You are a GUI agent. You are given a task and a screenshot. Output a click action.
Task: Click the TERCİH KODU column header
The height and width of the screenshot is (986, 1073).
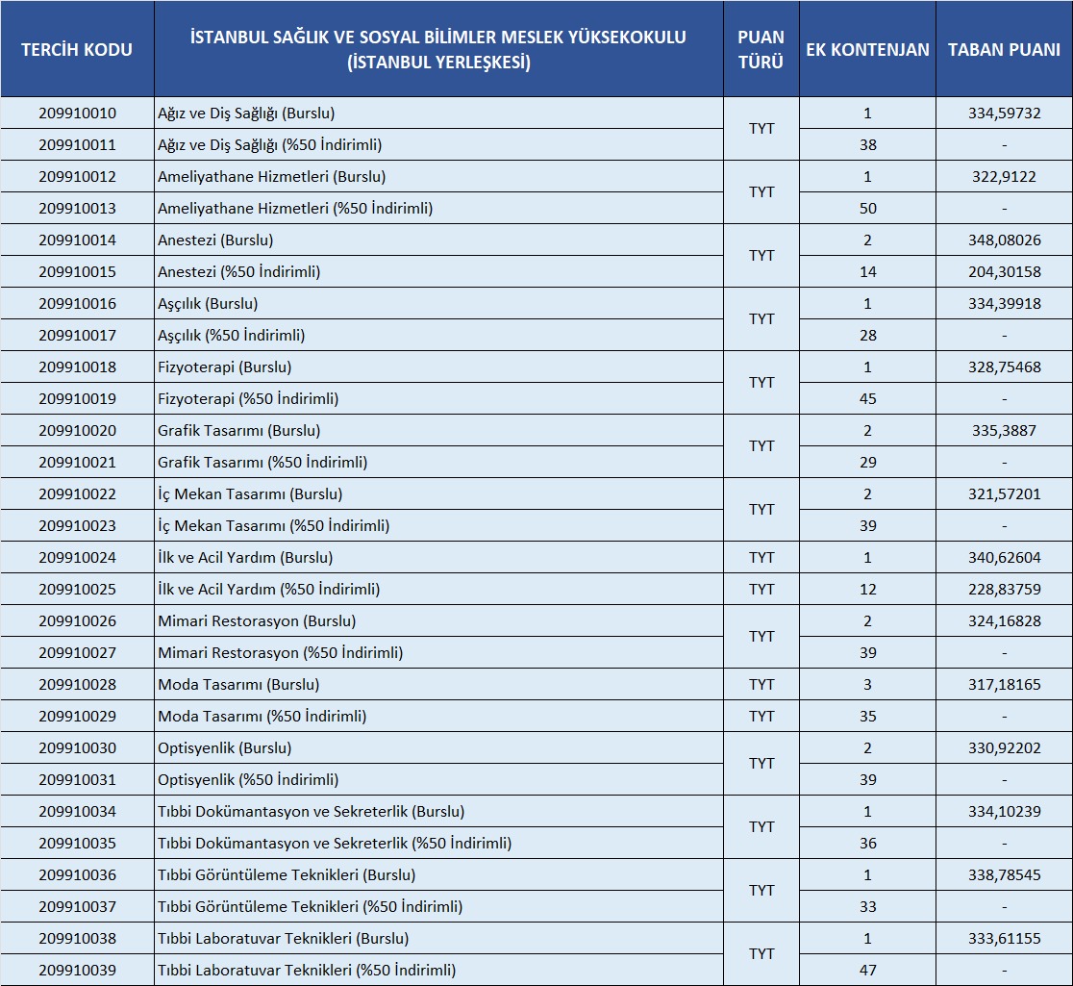(77, 49)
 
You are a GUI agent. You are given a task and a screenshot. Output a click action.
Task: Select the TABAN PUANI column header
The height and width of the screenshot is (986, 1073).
(1004, 49)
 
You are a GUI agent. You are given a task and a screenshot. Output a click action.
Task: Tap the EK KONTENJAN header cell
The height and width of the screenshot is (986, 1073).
(867, 49)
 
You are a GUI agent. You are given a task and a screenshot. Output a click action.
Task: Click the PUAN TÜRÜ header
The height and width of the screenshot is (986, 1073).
(761, 49)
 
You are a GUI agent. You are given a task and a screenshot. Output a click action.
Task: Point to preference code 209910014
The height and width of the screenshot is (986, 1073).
(77, 240)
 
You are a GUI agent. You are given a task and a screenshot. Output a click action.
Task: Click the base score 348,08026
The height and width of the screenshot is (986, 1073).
(1004, 240)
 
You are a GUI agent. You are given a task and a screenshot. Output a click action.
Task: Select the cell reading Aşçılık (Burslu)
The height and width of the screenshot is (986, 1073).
(208, 304)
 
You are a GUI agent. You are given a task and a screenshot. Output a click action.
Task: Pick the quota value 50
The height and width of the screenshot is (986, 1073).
(867, 209)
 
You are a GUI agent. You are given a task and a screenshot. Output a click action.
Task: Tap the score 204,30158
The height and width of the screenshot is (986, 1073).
(1004, 272)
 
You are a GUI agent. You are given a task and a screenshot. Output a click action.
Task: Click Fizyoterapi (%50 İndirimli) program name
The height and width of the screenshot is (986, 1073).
(248, 399)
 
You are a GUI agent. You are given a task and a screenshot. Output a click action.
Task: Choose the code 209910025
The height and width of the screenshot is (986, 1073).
(77, 590)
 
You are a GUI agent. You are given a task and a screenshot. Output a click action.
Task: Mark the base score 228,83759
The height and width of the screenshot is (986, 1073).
(1004, 590)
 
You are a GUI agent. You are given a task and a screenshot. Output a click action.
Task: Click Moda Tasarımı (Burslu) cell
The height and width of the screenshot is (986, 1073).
(238, 685)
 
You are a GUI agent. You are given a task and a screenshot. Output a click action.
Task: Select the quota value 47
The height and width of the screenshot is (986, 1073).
(867, 971)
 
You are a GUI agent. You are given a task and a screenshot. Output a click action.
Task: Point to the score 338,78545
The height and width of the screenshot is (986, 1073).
(1004, 875)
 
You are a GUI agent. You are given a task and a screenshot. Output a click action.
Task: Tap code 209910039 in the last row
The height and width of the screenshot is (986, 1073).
(77, 971)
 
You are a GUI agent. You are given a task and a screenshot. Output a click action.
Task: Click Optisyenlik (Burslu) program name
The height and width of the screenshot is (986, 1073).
(224, 748)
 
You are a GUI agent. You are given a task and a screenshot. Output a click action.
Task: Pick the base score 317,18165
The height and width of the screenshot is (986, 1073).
(1004, 685)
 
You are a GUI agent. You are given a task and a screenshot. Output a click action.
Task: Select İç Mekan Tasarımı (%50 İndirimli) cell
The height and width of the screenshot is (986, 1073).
(273, 526)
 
